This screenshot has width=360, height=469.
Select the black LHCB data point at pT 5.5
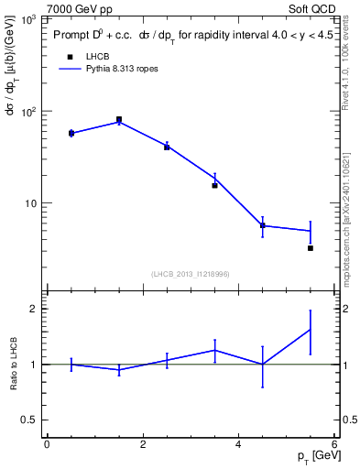pyautogui.click(x=311, y=248)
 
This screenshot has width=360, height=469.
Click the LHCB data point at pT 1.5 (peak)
pyautogui.click(x=119, y=119)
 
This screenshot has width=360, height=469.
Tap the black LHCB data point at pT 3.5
pyautogui.click(x=215, y=185)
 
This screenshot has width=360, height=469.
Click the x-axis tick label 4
pyautogui.click(x=239, y=445)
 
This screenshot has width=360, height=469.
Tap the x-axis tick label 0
pyautogui.click(x=47, y=445)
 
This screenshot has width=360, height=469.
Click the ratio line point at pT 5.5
pyautogui.click(x=311, y=330)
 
